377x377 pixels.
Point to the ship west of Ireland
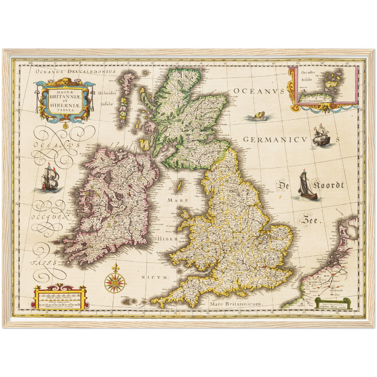(x=50, y=178)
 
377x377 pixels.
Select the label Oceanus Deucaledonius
(x=76, y=71)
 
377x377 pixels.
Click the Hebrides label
(x=107, y=93)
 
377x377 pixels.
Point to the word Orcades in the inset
(x=308, y=72)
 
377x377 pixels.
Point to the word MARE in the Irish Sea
(x=178, y=200)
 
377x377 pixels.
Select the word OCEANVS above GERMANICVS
(x=259, y=91)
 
